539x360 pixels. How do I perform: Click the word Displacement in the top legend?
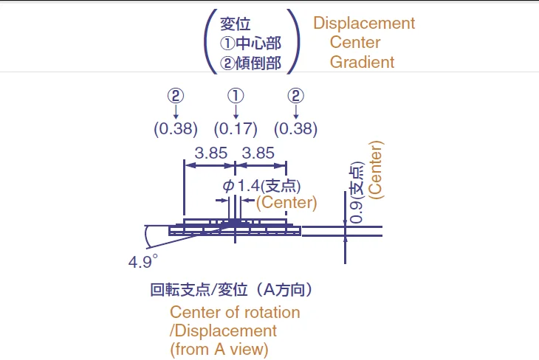click(364, 23)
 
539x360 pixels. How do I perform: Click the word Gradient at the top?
click(362, 62)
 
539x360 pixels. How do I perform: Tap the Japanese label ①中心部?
click(251, 44)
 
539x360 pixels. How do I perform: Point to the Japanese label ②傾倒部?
click(251, 63)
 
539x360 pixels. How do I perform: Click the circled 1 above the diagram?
click(236, 96)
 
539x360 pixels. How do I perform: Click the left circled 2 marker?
click(176, 96)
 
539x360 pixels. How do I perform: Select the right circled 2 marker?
click(295, 96)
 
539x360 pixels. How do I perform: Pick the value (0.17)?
click(236, 128)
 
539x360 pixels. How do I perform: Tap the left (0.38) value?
click(176, 128)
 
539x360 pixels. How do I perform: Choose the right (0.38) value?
click(295, 128)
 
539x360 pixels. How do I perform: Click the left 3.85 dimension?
click(210, 153)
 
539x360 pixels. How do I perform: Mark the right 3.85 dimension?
click(258, 153)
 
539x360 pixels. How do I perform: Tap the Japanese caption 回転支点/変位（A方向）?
click(236, 289)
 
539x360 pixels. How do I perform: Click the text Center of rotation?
click(235, 312)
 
